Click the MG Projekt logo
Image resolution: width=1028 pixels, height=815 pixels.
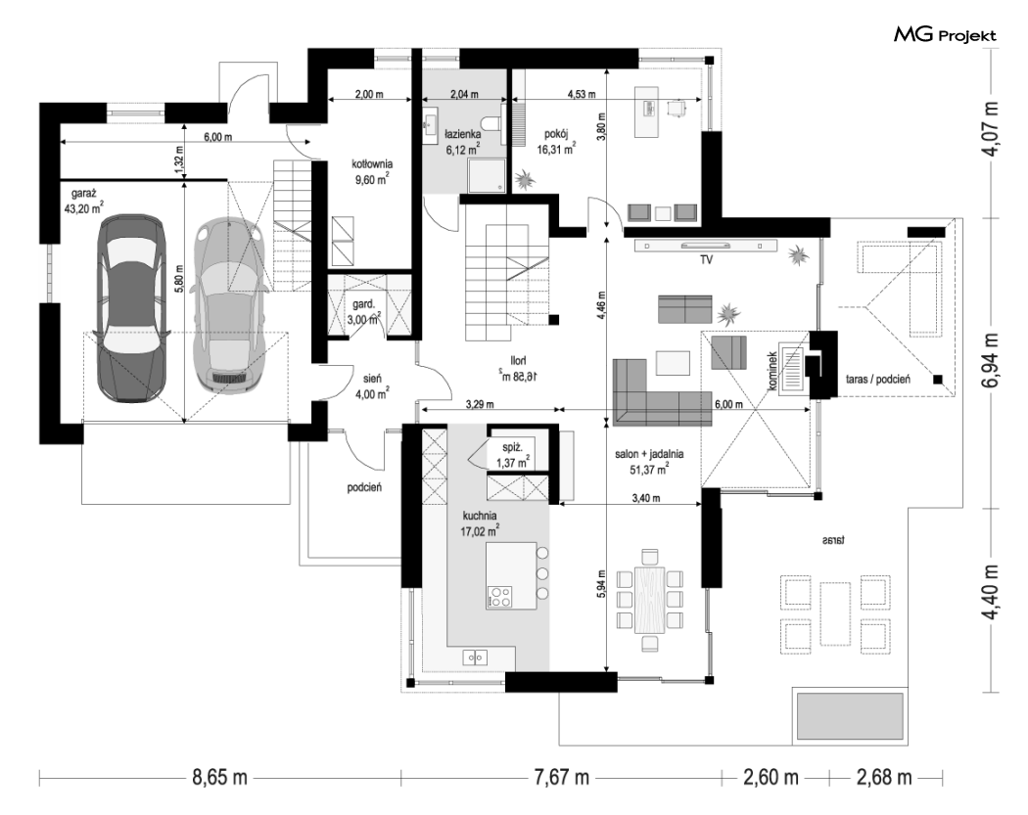(945, 34)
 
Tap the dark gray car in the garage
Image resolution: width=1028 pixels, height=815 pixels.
(131, 308)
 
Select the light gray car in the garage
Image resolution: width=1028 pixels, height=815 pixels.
(231, 305)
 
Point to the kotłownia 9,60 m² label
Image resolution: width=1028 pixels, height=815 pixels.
(372, 171)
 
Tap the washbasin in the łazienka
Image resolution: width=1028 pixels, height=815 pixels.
(432, 122)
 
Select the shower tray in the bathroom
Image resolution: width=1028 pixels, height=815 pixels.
(486, 175)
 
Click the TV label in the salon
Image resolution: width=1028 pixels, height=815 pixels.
(706, 259)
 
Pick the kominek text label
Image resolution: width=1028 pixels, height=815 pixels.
(773, 371)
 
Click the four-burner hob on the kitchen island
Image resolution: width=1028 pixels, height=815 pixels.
(499, 596)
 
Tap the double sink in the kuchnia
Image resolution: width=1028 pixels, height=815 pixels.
(475, 657)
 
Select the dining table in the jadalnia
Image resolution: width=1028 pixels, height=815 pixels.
(650, 600)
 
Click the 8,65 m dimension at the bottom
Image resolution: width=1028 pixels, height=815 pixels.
(219, 778)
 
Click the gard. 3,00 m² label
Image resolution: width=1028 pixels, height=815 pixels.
(366, 312)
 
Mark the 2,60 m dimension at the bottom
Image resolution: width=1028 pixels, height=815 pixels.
(771, 778)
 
